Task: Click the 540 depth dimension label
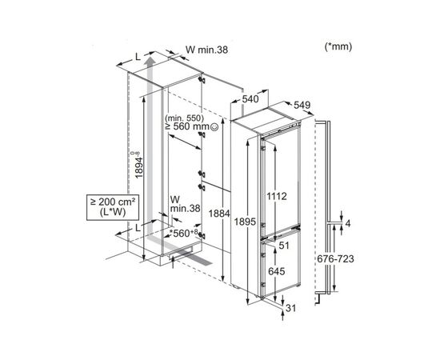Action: point(250,99)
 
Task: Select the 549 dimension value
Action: point(302,105)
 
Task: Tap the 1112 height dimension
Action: point(277,196)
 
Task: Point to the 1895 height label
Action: point(246,222)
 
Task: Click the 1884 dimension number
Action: point(219,214)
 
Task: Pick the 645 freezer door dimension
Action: point(277,271)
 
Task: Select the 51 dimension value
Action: point(284,246)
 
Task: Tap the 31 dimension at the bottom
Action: point(290,308)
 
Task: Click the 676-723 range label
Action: point(336,258)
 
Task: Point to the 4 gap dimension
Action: point(348,224)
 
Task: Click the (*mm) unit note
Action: point(338,46)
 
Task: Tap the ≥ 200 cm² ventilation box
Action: point(113,206)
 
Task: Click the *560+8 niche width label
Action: point(184,233)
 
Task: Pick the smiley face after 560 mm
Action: point(214,127)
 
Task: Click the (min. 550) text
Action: point(184,118)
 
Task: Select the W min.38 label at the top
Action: point(207,50)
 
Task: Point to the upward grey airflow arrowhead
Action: point(150,60)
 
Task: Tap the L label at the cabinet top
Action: point(138,57)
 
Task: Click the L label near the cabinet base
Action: point(138,228)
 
